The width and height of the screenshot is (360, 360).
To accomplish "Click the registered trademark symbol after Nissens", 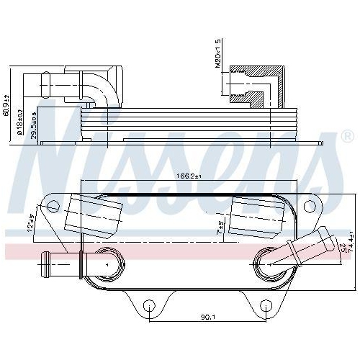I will (x=346, y=135).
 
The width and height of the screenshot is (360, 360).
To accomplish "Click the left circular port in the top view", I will (x=106, y=265).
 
